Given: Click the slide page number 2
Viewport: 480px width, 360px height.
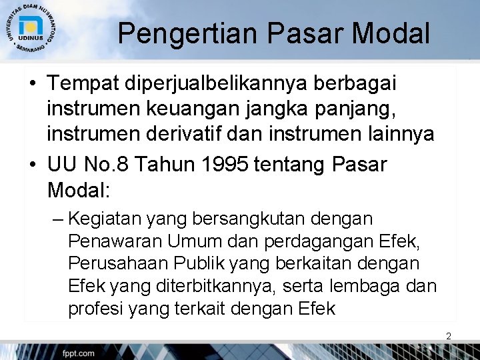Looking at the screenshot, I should coord(449,337).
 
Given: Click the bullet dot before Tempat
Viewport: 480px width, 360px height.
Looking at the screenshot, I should coord(33,85).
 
